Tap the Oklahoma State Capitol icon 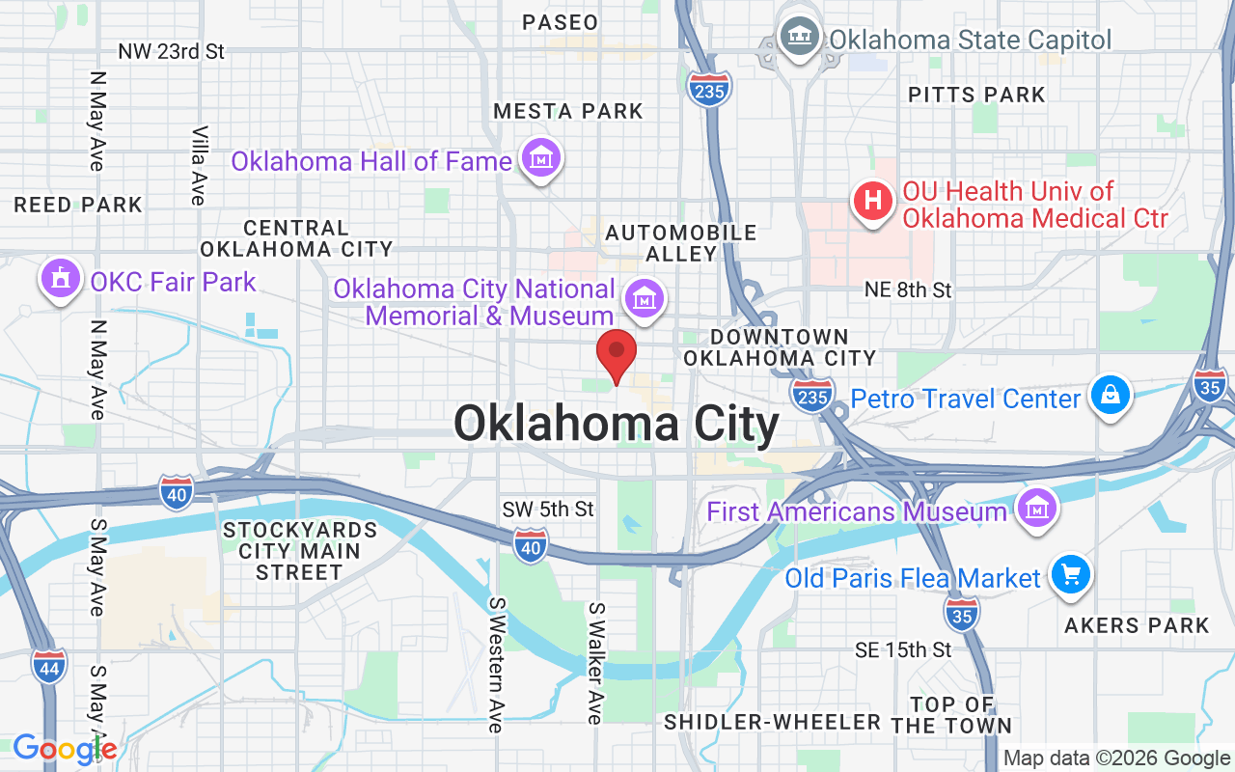(800, 39)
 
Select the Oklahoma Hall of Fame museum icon (541, 159)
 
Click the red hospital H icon (873, 203)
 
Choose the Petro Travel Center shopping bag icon (1111, 396)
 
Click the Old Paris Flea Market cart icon (1069, 576)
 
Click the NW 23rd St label (172, 51)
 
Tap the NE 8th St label (908, 289)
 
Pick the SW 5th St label (548, 509)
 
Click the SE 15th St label (904, 650)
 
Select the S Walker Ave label (595, 663)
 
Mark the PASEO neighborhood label (560, 21)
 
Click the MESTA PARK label (568, 111)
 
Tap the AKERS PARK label (1137, 625)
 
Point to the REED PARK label (78, 205)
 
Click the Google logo (65, 748)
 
